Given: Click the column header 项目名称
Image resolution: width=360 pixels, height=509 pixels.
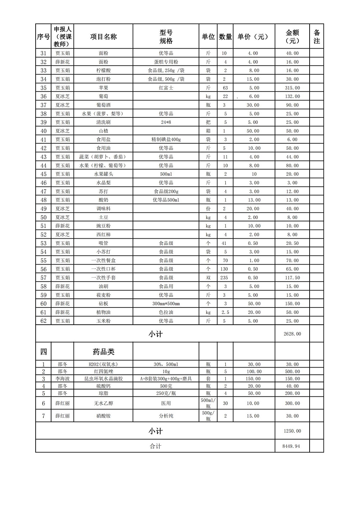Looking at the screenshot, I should (x=103, y=36).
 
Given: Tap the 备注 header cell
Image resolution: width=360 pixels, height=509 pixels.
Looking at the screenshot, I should (x=316, y=36).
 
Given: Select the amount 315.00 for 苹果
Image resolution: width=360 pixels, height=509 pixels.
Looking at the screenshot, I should (x=292, y=88).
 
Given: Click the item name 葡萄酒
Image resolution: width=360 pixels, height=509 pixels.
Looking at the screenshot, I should (x=103, y=105).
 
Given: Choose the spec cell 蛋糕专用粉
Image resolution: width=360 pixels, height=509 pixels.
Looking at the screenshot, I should (x=166, y=62).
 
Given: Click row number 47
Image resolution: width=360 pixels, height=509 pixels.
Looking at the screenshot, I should (x=44, y=192).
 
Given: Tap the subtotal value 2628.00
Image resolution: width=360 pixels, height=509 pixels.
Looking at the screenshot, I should (x=292, y=334).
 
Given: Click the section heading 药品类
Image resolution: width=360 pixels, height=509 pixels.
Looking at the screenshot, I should (x=103, y=352).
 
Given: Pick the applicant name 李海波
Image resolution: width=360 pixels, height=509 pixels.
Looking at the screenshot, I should (x=63, y=379).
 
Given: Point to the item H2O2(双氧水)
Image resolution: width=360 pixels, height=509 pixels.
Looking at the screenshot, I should (x=103, y=364).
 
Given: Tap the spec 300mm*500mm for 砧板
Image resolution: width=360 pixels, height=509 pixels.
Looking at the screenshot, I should (x=166, y=304).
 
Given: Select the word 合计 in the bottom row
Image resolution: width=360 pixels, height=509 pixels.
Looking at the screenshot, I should (x=155, y=446).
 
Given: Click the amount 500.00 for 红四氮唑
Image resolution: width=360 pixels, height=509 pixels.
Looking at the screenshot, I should (x=292, y=371).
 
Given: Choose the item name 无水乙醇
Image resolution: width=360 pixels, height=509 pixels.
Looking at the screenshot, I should (x=103, y=404).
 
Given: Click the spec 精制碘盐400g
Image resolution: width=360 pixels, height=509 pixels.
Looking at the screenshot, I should (x=166, y=140).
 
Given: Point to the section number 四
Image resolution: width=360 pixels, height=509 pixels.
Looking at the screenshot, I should (x=44, y=352).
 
